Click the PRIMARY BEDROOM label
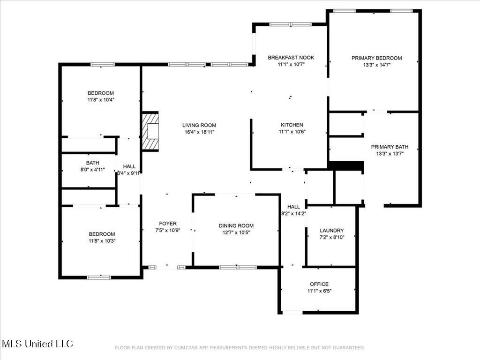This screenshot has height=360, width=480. pyautogui.click(x=376, y=58)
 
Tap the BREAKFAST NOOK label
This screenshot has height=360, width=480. pyautogui.click(x=291, y=58)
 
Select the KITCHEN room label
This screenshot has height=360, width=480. pyautogui.click(x=292, y=125)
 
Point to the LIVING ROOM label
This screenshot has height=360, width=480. pyautogui.click(x=199, y=125)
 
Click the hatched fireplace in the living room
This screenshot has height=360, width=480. pyautogui.click(x=150, y=131)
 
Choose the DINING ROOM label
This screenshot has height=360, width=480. pyautogui.click(x=236, y=225)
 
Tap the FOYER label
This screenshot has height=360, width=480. pyautogui.click(x=168, y=224)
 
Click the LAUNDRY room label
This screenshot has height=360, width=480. pyautogui.click(x=331, y=231)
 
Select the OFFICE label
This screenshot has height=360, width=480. pyautogui.click(x=319, y=284)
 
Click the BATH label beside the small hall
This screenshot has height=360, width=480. pyautogui.click(x=92, y=163)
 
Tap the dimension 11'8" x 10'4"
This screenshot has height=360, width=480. pyautogui.click(x=101, y=100)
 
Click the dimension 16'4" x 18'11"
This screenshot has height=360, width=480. pyautogui.click(x=199, y=132)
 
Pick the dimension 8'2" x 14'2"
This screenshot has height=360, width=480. pyautogui.click(x=293, y=213)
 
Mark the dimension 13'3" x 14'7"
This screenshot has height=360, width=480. pyautogui.click(x=376, y=65)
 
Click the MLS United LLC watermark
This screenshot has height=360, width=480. pyautogui.click(x=37, y=344)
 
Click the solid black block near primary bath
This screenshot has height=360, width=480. pyautogui.click(x=346, y=165)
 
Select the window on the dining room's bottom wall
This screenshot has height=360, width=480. pyautogui.click(x=238, y=267)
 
